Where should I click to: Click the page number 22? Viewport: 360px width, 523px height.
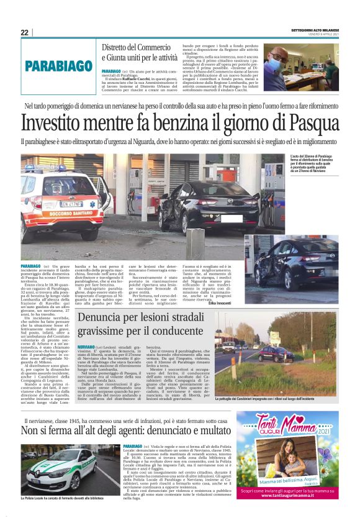click(x=25, y=32)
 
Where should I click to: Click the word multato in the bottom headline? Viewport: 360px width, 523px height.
click(x=212, y=430)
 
